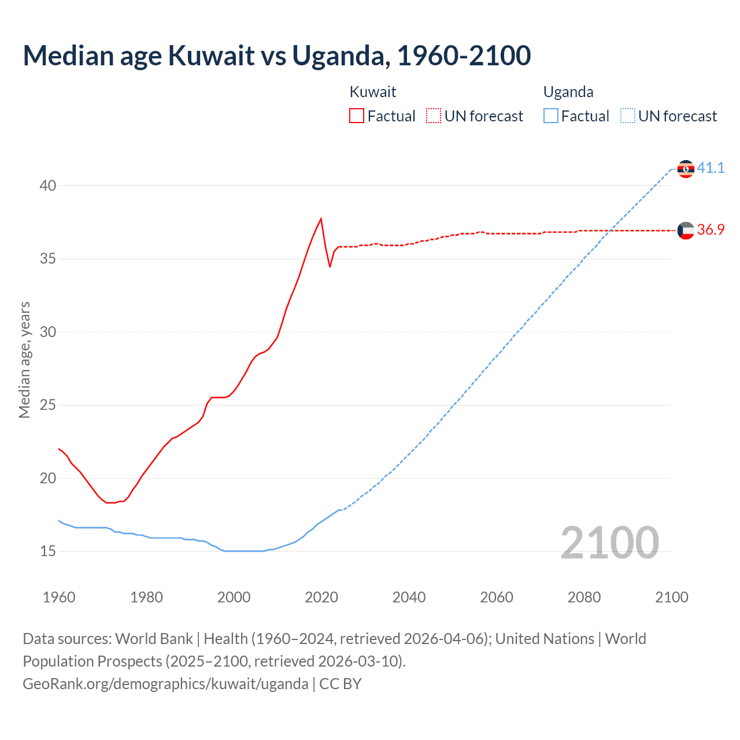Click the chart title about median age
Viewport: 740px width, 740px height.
tap(276, 56)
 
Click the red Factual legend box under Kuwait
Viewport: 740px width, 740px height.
tap(357, 116)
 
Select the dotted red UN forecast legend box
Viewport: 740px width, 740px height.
tap(434, 116)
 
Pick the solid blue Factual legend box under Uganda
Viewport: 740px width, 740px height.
tap(551, 116)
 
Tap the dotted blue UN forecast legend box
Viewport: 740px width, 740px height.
tap(628, 116)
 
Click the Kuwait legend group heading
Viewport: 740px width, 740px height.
tap(373, 92)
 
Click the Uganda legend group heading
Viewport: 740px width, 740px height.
tap(568, 92)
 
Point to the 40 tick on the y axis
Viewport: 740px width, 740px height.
tap(48, 186)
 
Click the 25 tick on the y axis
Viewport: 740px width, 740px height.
tap(48, 405)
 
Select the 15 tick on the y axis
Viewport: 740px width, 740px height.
tap(48, 552)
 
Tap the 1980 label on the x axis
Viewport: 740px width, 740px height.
tap(146, 597)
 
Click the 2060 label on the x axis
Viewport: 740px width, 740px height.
tap(497, 597)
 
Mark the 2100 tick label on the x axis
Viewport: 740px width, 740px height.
tap(671, 597)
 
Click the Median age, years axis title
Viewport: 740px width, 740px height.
tap(24, 360)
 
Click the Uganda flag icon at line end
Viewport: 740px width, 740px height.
tap(686, 169)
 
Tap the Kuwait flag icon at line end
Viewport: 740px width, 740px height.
tap(686, 231)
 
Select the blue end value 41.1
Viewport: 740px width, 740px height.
tap(711, 168)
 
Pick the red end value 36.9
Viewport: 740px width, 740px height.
tap(711, 230)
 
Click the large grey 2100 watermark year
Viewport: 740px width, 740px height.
tap(609, 543)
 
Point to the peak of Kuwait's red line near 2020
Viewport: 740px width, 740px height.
tap(321, 219)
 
